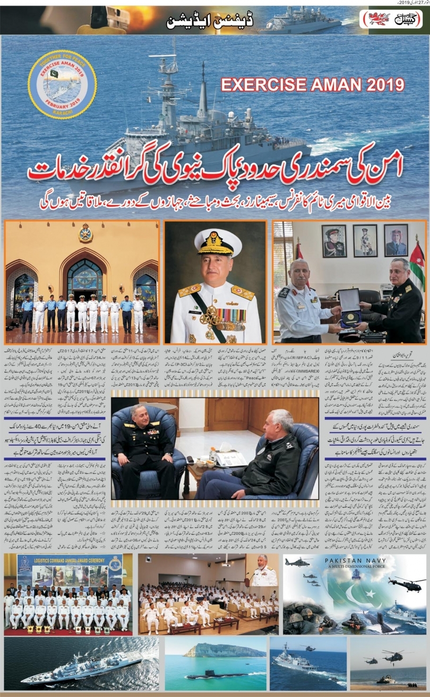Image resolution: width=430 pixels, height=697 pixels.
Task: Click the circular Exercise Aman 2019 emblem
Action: click(62, 84)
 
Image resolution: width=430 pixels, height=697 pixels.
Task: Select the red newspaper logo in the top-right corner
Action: click(391, 19)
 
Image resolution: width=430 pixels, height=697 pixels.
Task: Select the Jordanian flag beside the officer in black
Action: click(417, 268)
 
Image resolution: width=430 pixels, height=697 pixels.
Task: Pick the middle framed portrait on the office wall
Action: click(365, 241)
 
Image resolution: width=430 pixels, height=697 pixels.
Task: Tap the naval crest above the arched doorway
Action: click(85, 232)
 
